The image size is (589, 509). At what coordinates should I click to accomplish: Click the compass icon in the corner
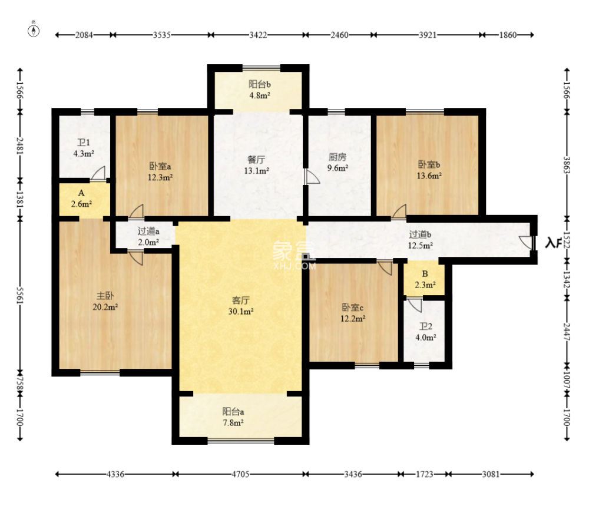(34, 31)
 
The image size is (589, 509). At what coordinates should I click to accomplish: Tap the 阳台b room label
(260, 84)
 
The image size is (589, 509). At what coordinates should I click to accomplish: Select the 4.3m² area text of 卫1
(84, 153)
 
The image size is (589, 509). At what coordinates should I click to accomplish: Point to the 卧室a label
(160, 166)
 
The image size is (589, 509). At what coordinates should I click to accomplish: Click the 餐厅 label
(257, 160)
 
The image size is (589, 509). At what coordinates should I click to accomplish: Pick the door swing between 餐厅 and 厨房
(311, 177)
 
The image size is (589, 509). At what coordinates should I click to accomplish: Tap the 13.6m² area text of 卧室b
(429, 176)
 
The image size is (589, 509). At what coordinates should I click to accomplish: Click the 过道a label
(148, 232)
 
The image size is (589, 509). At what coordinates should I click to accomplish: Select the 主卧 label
(105, 296)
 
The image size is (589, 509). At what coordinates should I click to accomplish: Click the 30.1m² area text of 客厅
(241, 312)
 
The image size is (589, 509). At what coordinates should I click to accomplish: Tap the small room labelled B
(424, 279)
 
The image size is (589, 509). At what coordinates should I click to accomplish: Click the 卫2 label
(426, 326)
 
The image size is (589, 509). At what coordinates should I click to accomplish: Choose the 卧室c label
(352, 308)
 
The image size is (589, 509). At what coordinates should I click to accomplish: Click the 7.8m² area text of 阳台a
(233, 422)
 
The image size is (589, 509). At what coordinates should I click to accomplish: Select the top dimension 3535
(161, 35)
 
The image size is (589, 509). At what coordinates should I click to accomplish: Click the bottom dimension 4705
(240, 474)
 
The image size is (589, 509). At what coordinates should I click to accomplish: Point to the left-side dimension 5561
(20, 296)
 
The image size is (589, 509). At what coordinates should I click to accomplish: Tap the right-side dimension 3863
(567, 165)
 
